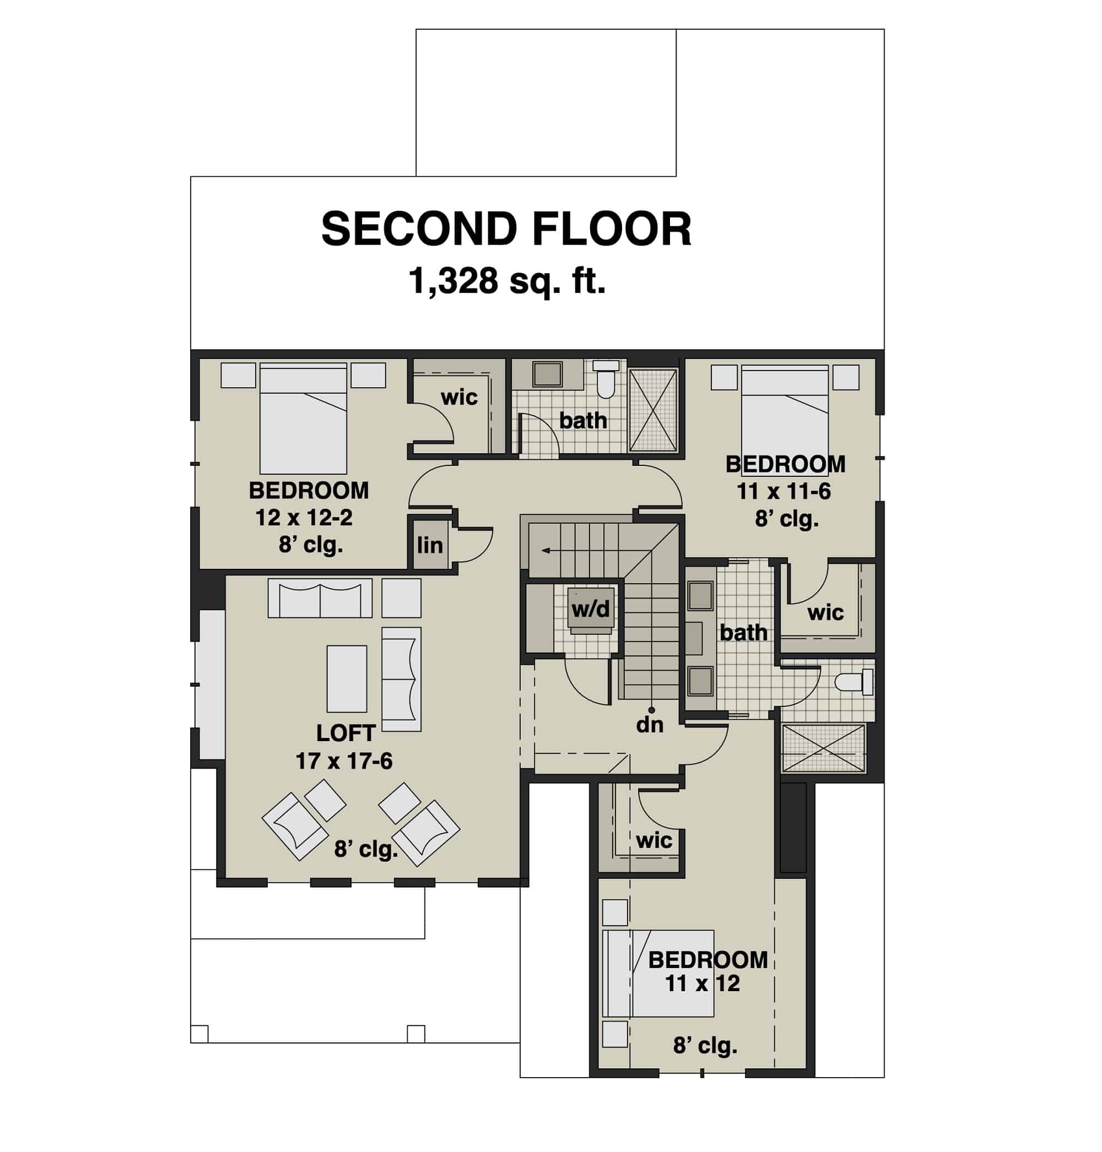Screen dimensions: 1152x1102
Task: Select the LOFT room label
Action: (345, 733)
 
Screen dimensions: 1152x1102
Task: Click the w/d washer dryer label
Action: (590, 609)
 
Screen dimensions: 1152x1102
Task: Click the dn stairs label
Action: (650, 725)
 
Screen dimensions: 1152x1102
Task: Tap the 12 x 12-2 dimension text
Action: (304, 517)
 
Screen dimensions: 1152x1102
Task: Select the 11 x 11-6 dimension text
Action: (784, 491)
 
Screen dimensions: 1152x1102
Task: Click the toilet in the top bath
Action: (606, 379)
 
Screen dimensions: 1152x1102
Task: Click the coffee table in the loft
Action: (347, 678)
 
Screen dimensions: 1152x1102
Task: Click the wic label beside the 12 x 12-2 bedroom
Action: (459, 398)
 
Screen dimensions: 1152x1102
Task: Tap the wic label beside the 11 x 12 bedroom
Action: (653, 840)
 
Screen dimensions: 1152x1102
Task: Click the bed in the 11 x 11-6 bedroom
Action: (784, 411)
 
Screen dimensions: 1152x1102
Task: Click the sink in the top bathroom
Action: (547, 374)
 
